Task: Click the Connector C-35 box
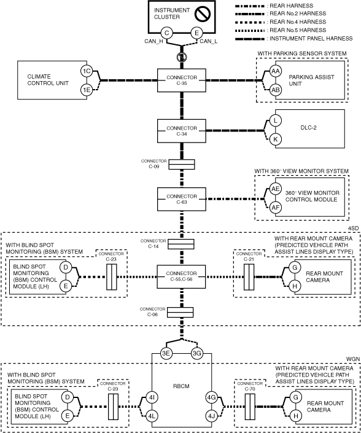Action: click(182, 80)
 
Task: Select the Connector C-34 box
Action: click(182, 131)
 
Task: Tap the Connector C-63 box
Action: click(182, 199)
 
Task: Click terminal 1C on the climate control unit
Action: click(87, 71)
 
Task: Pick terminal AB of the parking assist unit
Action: click(275, 90)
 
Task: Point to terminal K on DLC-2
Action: click(275, 139)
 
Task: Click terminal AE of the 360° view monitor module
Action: click(275, 189)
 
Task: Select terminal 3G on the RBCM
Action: click(197, 354)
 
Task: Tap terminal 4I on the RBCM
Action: click(152, 397)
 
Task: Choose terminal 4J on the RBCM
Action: click(211, 416)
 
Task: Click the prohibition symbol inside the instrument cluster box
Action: click(203, 14)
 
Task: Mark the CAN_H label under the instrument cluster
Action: click(153, 41)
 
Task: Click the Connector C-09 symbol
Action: click(182, 165)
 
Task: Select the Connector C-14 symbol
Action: click(181, 244)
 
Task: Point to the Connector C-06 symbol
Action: click(180, 313)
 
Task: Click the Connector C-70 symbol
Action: click(250, 407)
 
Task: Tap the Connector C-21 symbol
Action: click(249, 277)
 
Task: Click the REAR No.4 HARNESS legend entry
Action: click(281, 22)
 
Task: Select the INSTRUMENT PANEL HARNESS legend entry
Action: click(294, 38)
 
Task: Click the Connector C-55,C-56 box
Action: click(181, 277)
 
